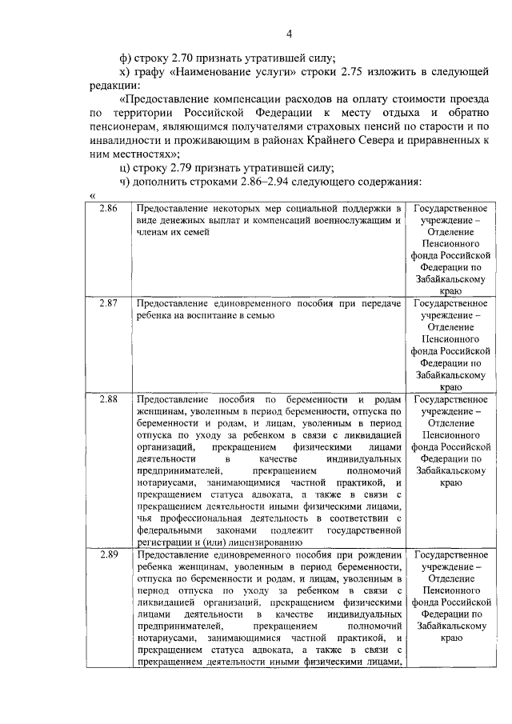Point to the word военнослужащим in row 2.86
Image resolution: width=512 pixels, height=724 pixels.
[350, 219]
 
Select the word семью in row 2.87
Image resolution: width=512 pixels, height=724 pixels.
[259, 316]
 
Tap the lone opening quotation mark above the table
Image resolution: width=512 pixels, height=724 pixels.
[93, 196]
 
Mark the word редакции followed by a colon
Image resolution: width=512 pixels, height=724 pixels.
[114, 86]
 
